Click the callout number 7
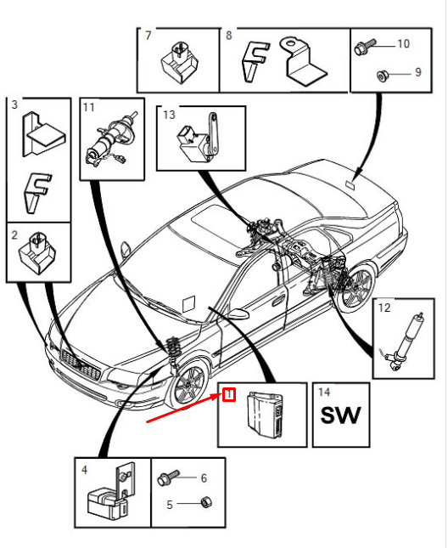pyautogui.click(x=148, y=36)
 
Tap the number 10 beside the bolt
pyautogui.click(x=402, y=43)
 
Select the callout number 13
pyautogui.click(x=168, y=114)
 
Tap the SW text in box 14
pyautogui.click(x=339, y=415)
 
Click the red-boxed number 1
pyautogui.click(x=229, y=393)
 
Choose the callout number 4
pyautogui.click(x=84, y=469)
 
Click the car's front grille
pyautogui.click(x=81, y=368)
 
